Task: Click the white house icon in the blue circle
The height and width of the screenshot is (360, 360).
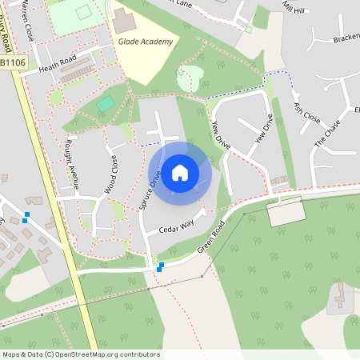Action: click(180, 172)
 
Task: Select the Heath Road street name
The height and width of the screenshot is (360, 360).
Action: click(57, 65)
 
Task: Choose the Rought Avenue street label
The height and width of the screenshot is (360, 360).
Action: click(71, 165)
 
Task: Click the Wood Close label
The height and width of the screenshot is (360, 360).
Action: click(111, 175)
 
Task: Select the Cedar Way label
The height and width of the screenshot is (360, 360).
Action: click(177, 227)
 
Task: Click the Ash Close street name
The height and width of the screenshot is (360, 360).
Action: click(306, 113)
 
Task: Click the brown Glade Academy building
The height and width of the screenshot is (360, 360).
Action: click(122, 17)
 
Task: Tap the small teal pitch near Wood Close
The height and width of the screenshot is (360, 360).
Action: click(105, 104)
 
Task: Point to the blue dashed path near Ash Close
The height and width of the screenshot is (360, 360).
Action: click(276, 73)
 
